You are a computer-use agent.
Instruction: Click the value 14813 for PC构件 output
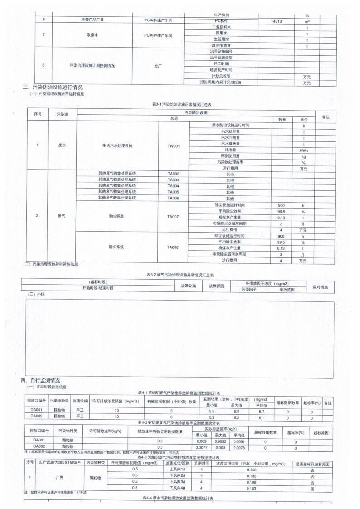point(276,21)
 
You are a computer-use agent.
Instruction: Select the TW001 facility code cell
point(173,146)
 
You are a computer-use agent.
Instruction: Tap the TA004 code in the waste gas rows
point(173,186)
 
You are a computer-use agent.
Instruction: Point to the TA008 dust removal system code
point(173,247)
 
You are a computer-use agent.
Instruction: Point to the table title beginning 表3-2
point(180,275)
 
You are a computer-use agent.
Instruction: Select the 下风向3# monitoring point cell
point(178,483)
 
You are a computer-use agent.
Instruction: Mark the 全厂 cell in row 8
point(157,66)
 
